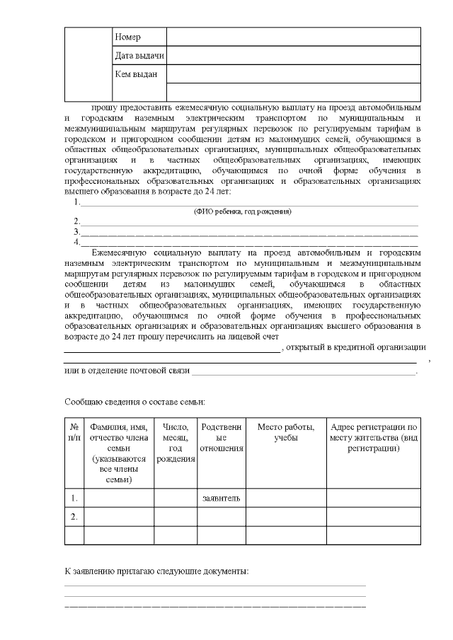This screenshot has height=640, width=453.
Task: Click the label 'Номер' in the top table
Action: click(x=128, y=37)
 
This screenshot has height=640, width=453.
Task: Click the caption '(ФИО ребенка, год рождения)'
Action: click(x=243, y=211)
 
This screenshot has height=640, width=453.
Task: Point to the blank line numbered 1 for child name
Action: click(x=249, y=203)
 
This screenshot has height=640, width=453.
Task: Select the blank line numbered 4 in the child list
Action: click(x=249, y=242)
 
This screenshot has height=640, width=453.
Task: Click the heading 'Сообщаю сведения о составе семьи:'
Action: click(x=134, y=402)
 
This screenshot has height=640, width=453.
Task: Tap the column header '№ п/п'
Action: click(x=74, y=432)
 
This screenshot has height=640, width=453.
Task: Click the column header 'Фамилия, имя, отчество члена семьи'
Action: click(x=119, y=453)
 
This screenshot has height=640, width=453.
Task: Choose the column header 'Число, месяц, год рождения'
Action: click(x=176, y=443)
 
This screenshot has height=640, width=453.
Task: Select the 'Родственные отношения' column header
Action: click(x=221, y=438)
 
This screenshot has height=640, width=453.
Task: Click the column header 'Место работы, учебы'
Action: click(x=286, y=432)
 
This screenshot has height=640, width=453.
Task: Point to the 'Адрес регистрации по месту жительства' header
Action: click(x=374, y=438)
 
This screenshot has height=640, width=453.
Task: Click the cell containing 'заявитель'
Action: click(x=221, y=499)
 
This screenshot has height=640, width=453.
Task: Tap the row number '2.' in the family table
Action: click(x=74, y=517)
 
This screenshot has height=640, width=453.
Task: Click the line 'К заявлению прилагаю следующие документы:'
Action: click(x=156, y=571)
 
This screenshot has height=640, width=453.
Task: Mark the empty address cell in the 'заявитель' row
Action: click(x=374, y=499)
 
